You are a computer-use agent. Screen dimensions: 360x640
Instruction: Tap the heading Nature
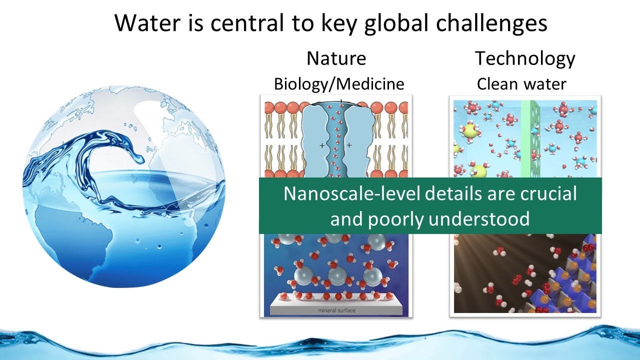[336, 58]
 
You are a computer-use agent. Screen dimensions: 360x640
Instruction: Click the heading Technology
[525, 58]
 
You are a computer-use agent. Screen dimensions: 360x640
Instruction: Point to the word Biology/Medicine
[338, 83]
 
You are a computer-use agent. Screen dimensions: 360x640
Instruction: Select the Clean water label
[521, 83]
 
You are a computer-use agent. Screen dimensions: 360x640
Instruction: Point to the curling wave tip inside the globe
[137, 159]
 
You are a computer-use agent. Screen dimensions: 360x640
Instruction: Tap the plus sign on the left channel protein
[322, 145]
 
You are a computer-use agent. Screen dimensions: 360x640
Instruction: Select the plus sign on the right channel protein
[348, 145]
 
